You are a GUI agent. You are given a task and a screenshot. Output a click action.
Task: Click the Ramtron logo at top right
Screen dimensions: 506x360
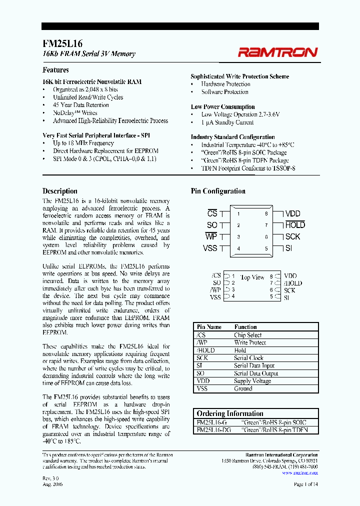277,52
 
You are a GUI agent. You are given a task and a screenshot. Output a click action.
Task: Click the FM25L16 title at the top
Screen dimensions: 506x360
62,43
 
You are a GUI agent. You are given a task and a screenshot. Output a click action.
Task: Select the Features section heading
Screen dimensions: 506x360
55,70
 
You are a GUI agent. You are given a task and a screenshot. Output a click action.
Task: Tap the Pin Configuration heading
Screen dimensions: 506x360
218,191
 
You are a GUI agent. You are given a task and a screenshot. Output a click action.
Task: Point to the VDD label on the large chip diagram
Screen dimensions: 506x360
293,213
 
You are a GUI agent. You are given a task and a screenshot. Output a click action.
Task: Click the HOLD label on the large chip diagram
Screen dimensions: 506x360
294,225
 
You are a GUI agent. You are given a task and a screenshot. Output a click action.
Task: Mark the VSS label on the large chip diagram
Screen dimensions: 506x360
210,248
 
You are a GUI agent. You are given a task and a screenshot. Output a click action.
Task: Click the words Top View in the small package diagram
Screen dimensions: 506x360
252,277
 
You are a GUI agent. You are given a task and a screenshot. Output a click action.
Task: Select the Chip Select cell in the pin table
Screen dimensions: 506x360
247,335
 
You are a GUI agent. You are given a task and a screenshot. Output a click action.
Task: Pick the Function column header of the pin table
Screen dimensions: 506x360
245,327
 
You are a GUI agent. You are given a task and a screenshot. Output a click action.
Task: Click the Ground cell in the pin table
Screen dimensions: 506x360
243,388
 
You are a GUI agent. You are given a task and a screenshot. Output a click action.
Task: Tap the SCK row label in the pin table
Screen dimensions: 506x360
202,358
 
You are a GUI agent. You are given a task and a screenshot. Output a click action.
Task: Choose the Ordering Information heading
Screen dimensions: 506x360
230,413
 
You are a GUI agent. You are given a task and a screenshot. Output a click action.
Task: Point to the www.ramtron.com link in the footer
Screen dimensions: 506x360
299,472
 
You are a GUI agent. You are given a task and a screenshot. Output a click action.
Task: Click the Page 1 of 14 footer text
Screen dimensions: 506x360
305,484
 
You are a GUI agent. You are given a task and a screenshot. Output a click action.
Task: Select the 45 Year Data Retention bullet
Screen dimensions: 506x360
80,105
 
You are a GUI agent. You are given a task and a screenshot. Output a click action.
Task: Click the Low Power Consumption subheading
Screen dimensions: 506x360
222,106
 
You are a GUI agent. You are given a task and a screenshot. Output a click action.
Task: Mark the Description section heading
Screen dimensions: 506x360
60,191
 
